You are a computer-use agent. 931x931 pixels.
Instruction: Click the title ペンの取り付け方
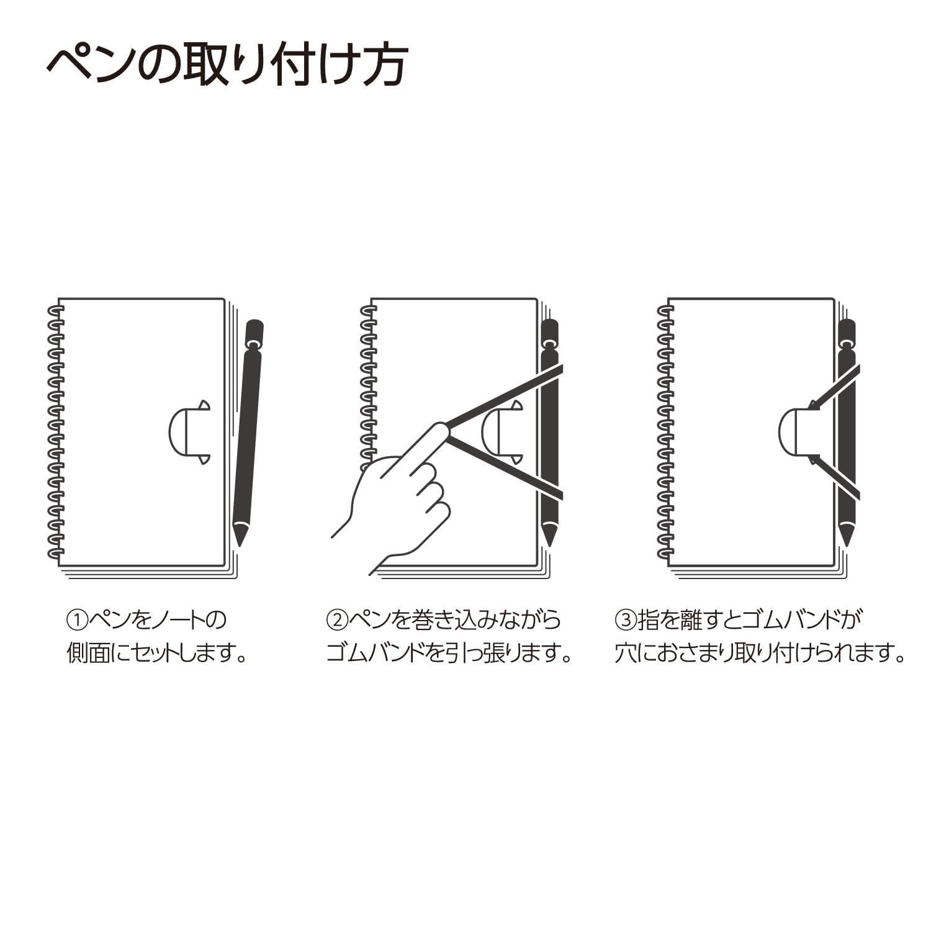click(x=227, y=65)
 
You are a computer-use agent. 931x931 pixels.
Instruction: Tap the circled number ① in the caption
click(x=76, y=619)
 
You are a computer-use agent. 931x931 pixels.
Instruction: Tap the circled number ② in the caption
click(x=336, y=619)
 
